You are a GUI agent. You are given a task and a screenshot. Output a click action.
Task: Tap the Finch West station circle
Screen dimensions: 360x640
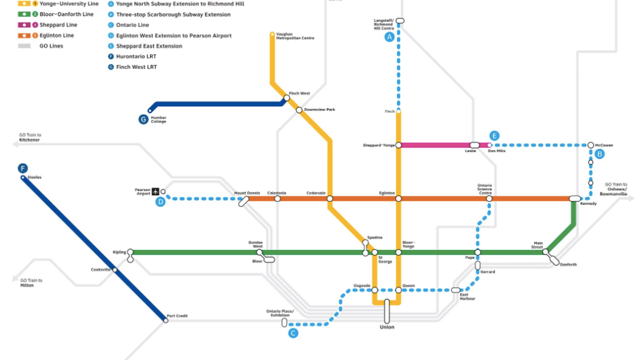click(x=287, y=98)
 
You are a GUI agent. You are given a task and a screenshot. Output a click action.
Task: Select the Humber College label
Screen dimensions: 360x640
click(x=158, y=120)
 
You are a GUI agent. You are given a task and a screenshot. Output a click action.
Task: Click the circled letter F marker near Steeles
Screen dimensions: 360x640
click(x=23, y=168)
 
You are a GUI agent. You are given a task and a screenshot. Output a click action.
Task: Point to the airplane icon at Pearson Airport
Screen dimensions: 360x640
click(x=155, y=192)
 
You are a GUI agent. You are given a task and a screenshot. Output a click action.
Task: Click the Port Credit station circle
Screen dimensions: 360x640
click(x=166, y=320)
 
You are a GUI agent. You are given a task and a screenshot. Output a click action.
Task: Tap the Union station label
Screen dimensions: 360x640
click(x=387, y=327)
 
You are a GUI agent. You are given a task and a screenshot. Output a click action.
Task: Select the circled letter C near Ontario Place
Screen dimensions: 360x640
click(x=293, y=333)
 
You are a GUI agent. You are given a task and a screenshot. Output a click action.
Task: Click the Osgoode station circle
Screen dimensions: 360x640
click(x=375, y=290)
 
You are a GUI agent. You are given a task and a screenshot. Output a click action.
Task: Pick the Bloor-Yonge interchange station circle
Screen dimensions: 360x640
click(x=398, y=252)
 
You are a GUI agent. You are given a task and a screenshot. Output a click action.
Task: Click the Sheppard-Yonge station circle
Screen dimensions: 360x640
click(x=398, y=146)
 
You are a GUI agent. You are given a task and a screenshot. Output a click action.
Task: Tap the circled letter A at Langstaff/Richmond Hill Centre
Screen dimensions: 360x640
click(x=389, y=37)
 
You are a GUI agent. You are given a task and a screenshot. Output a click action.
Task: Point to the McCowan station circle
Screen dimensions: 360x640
click(x=591, y=146)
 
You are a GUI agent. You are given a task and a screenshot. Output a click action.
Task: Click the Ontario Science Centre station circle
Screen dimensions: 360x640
click(x=489, y=199)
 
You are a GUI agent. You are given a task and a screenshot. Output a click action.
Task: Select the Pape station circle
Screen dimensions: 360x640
click(x=478, y=252)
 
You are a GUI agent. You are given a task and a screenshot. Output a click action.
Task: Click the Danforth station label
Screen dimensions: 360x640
click(x=568, y=265)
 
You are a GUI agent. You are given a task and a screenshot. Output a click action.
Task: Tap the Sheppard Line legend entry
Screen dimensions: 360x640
click(x=58, y=25)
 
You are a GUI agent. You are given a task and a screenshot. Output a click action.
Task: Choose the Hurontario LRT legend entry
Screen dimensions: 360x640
click(x=136, y=57)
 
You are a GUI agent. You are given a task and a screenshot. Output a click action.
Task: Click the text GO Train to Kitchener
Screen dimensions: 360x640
click(x=30, y=137)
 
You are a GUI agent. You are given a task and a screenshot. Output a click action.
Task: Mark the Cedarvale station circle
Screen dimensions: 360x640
click(x=330, y=199)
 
